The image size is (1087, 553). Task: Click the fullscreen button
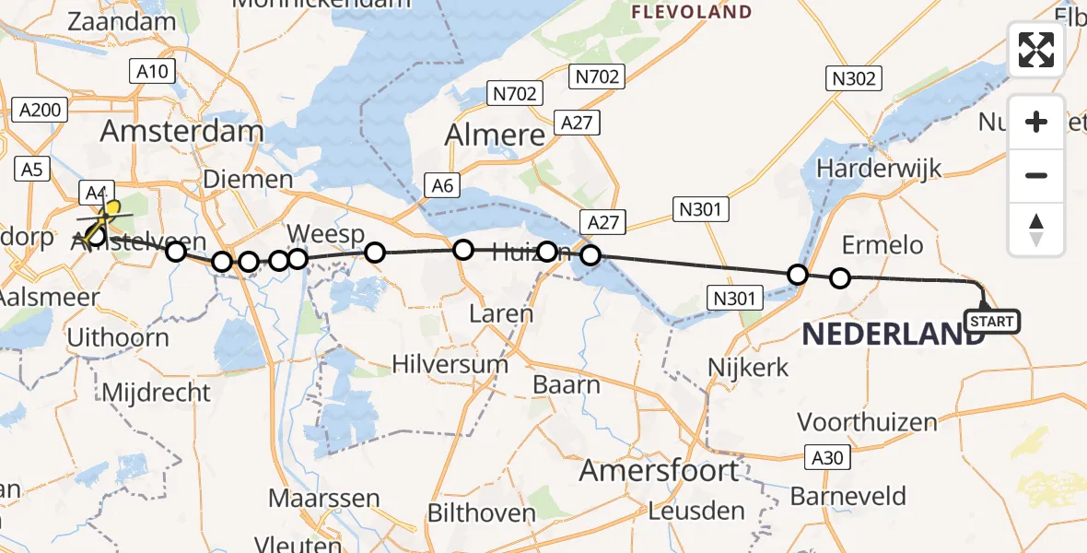(1036, 50)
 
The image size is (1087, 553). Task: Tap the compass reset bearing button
(1036, 229)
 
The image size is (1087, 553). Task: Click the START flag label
(991, 322)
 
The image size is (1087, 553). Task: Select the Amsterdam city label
(181, 131)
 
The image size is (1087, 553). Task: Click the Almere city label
(495, 135)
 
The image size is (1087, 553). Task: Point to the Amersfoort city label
(659, 471)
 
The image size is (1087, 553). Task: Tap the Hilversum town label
(450, 363)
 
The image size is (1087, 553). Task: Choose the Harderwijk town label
(879, 169)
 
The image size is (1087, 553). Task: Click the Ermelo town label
(882, 244)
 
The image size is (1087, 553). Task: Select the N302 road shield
(853, 78)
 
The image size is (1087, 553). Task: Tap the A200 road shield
(41, 111)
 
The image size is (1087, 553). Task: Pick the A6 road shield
(443, 186)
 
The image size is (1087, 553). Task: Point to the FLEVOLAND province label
(691, 13)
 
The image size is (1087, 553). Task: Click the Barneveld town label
(848, 496)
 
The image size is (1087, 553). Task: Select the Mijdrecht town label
(156, 392)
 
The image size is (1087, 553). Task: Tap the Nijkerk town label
(748, 367)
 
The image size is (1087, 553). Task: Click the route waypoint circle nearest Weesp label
(297, 259)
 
